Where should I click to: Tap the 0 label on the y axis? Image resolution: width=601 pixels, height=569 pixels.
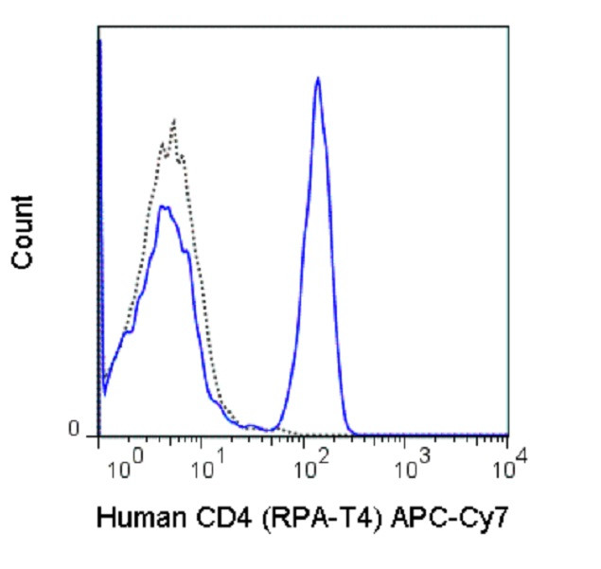(x=73, y=432)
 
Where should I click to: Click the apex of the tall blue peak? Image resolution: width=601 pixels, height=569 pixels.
(x=318, y=79)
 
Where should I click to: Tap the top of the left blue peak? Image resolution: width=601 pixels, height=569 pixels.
(x=164, y=206)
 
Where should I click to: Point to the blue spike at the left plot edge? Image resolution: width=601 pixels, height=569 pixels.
(x=99, y=57)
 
